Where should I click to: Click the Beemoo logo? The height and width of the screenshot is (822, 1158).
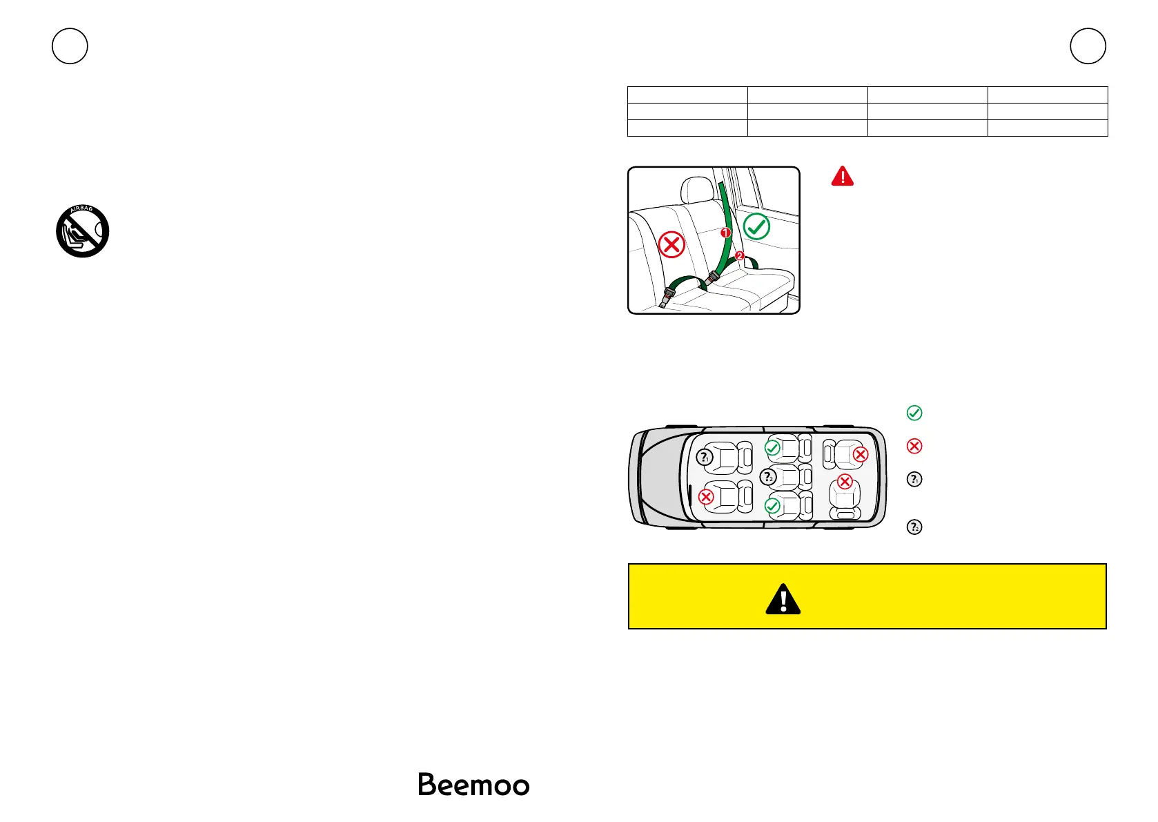click(x=473, y=785)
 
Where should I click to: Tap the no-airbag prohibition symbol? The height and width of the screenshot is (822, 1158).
click(x=83, y=231)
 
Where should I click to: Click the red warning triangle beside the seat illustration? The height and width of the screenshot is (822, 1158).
click(x=843, y=177)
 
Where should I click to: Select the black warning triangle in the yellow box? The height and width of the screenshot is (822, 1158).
click(x=783, y=599)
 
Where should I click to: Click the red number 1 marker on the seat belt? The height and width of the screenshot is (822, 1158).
click(x=725, y=233)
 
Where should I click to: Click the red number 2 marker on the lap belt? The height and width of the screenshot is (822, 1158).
click(x=740, y=256)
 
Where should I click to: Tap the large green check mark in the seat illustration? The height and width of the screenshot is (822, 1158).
click(x=757, y=226)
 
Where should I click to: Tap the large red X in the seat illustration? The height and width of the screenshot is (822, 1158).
click(x=671, y=244)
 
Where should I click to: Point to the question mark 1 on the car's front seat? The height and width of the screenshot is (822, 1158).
click(x=704, y=457)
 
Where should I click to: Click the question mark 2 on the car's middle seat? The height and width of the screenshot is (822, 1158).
click(x=768, y=477)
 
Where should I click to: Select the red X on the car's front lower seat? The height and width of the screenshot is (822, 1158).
click(x=706, y=497)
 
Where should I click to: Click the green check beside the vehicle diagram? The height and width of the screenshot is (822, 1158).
click(x=914, y=413)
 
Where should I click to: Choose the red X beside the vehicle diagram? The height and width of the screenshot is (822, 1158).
click(x=914, y=446)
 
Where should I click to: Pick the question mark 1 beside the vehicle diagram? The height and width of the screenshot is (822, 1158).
click(x=914, y=479)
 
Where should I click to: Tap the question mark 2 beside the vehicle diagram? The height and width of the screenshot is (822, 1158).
click(x=914, y=527)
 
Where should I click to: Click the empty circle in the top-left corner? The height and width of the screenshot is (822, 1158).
click(x=70, y=46)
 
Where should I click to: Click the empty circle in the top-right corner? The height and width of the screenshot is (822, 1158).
click(x=1088, y=46)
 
